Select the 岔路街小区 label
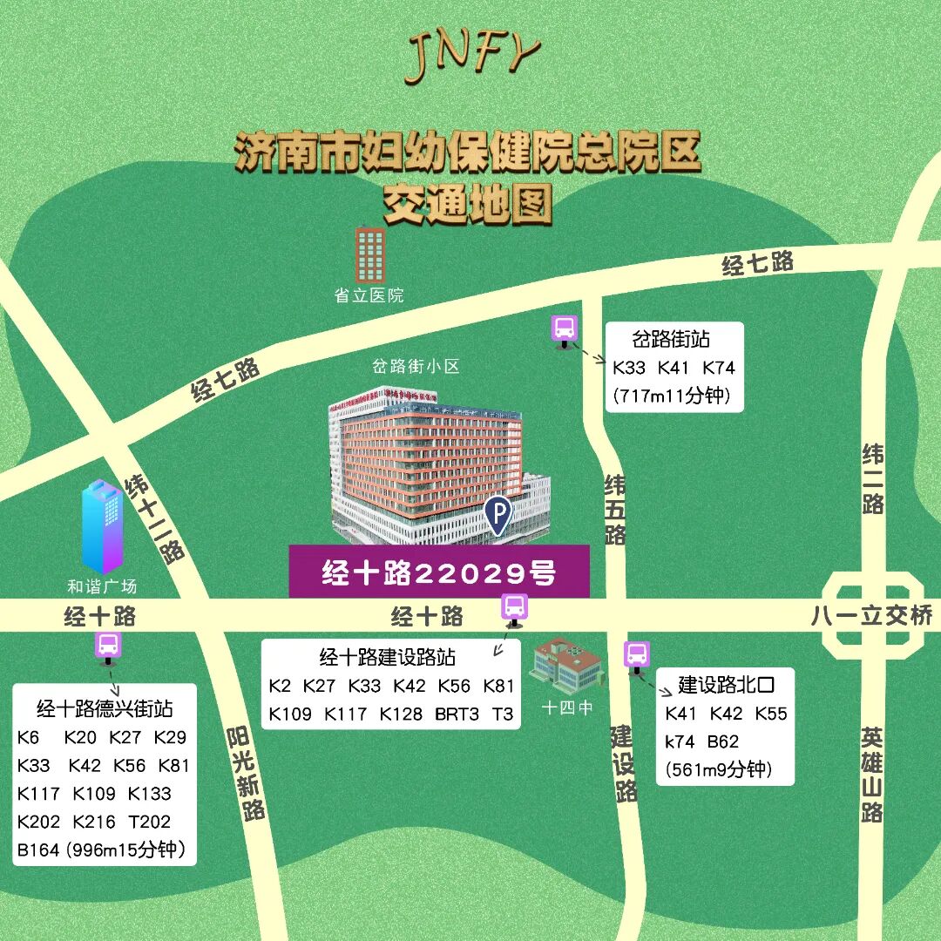[x=416, y=367]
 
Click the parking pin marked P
[x=498, y=515]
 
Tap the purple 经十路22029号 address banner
[x=439, y=572]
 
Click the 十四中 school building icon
[x=566, y=667]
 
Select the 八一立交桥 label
[x=870, y=616]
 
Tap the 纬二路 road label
[x=873, y=478]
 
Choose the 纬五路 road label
[x=615, y=509]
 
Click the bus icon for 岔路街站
[x=565, y=329]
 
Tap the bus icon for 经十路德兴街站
[x=109, y=646]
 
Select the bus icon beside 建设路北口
[x=637, y=655]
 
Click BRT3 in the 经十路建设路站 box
[x=457, y=714]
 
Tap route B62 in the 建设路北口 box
[x=722, y=741]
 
